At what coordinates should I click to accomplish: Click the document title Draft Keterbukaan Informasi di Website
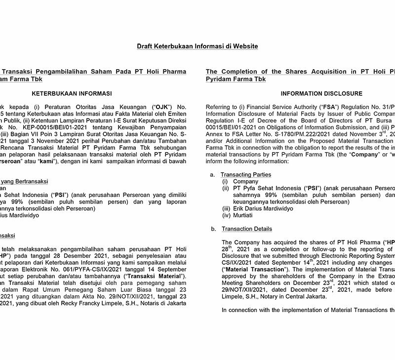[x=197, y=46]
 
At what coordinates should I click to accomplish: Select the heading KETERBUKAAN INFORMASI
[x=72, y=93]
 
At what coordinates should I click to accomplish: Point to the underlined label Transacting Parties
[x=245, y=175]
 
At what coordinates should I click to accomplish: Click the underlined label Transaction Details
[x=247, y=229]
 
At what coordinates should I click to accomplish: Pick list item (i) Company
[x=242, y=182]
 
